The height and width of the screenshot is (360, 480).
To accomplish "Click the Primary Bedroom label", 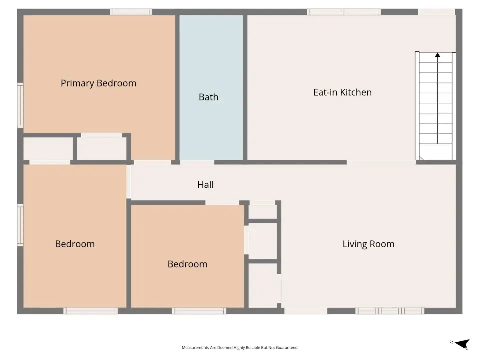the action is coord(98,83).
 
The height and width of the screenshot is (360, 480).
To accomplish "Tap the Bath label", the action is coord(209,97).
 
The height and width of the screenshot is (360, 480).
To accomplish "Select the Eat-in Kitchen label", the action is coord(342,92).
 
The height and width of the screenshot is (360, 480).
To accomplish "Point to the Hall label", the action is coord(205,185).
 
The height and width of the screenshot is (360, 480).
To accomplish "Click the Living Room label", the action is coord(368,244).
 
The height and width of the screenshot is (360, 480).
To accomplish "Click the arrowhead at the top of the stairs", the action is coord(438,55).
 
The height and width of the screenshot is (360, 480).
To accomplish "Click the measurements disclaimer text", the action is coord(239,348).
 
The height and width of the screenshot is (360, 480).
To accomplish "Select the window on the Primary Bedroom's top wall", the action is coord(131,12).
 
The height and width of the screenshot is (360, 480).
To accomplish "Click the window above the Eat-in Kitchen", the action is coord(344,12).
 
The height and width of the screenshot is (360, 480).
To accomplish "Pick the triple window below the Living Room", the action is coord(390,311).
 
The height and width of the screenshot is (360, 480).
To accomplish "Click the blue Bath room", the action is coord(211,88).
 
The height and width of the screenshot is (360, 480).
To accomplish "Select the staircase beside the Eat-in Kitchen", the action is coord(435,106).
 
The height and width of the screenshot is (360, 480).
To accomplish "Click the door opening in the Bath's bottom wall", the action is coord(197,162).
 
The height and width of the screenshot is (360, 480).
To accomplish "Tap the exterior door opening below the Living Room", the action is coord(306,311).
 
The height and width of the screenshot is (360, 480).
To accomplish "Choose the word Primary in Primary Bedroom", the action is coord(78,83).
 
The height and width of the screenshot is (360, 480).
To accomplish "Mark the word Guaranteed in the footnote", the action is coord(286,348).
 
